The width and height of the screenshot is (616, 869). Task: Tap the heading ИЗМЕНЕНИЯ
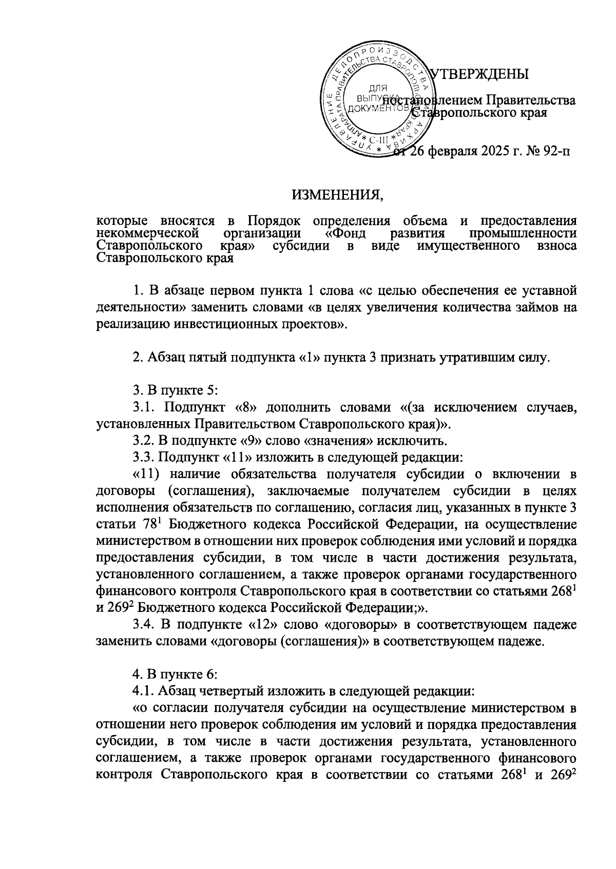tap(338, 195)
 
